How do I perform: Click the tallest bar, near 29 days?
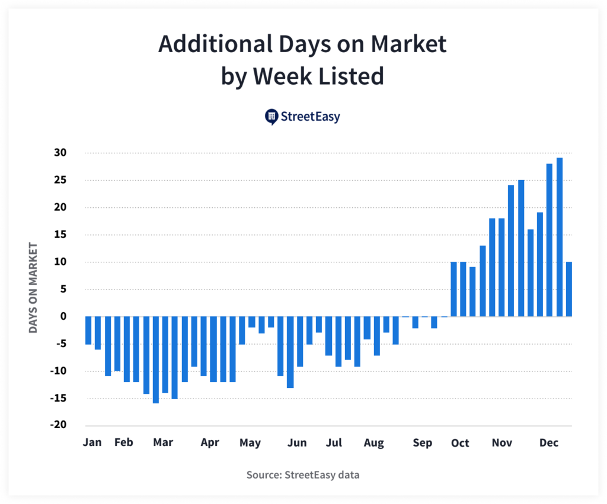click(560, 237)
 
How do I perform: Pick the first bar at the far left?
click(88, 330)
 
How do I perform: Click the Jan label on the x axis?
click(92, 442)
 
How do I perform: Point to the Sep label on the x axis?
click(423, 442)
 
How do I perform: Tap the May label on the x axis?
click(250, 442)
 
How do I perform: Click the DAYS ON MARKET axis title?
click(33, 288)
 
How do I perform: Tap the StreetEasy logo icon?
click(271, 117)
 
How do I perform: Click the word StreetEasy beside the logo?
click(311, 117)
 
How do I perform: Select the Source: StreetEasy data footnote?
click(303, 474)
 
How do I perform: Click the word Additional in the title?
click(204, 44)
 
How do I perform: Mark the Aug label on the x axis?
click(373, 442)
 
